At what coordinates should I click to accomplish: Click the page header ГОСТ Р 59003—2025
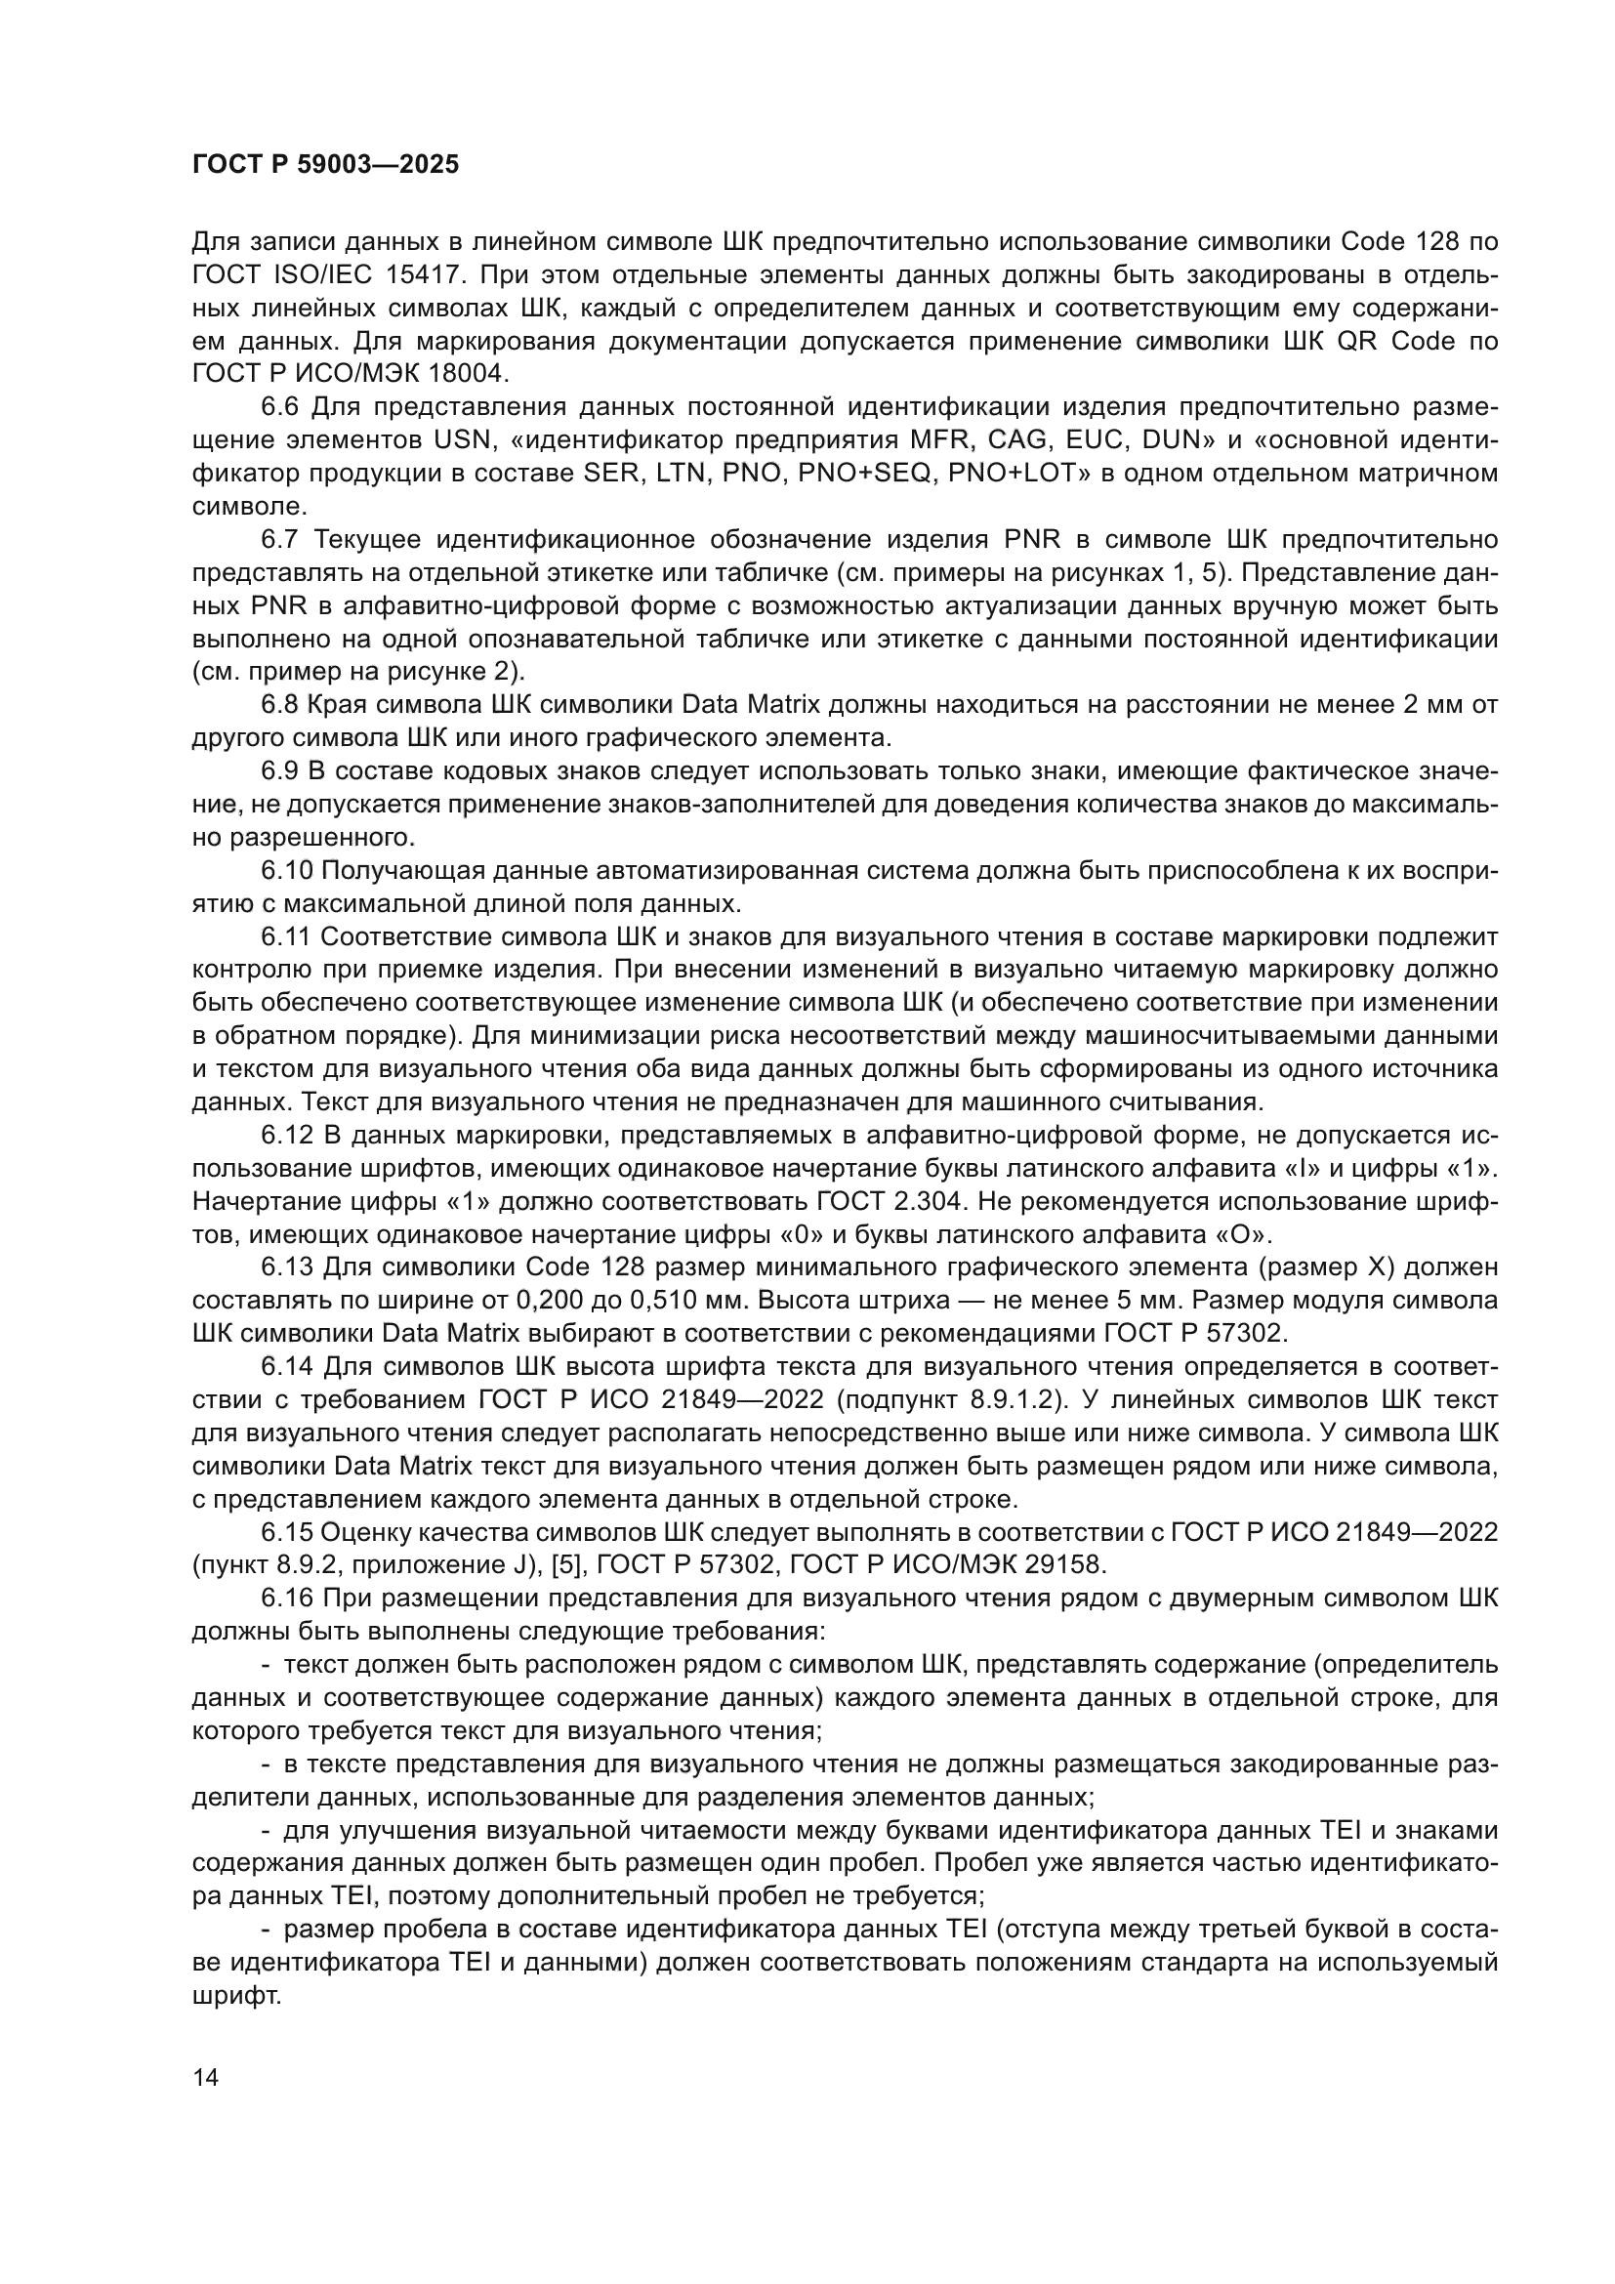(325, 164)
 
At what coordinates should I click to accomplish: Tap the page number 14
(206, 2079)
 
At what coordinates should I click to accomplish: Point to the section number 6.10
(287, 870)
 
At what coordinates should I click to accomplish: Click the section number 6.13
(287, 1267)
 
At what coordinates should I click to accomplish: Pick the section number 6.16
(287, 1599)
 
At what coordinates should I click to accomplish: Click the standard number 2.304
(930, 1202)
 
